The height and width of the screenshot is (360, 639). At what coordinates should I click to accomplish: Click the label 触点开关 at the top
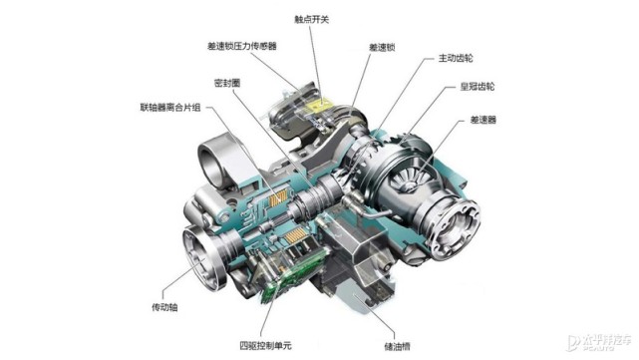pos(312,19)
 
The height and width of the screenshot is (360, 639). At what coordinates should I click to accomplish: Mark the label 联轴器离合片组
pos(167,109)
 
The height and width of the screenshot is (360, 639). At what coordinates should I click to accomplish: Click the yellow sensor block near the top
pos(317,101)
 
